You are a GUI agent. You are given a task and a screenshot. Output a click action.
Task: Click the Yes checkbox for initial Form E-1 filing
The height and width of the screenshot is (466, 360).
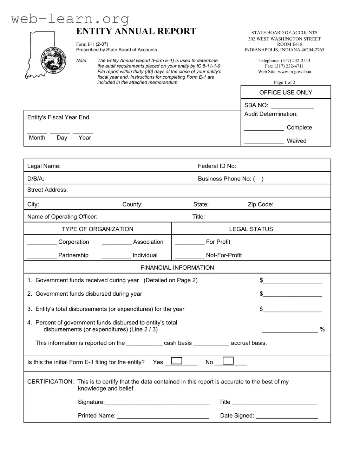[x=176, y=361]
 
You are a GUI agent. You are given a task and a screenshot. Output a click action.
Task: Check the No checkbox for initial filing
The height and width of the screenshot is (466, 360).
[x=228, y=361]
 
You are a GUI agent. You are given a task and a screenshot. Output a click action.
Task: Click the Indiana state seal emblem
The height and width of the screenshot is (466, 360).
[x=53, y=60]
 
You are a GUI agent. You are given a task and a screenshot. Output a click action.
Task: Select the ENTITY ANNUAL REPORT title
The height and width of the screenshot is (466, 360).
[x=136, y=31]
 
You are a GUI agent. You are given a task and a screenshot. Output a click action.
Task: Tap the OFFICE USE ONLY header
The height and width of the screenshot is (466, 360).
[x=286, y=92]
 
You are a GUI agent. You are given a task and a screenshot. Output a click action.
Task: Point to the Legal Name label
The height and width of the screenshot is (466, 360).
[x=44, y=166]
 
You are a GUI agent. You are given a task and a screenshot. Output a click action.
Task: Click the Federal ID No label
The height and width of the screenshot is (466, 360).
[x=217, y=166]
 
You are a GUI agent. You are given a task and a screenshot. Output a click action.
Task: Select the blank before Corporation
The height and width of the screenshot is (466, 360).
[x=42, y=243]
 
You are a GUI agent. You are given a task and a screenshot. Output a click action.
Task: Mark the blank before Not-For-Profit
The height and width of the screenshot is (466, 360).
[x=189, y=256]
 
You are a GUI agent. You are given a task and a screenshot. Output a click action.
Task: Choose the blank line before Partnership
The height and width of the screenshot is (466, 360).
[x=42, y=256]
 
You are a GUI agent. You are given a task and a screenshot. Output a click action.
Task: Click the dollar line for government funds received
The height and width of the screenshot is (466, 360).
[x=292, y=281]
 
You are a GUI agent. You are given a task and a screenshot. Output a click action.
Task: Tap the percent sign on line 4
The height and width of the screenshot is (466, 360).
[x=322, y=329]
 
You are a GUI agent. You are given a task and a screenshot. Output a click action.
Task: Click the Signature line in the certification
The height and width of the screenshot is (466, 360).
[x=157, y=403]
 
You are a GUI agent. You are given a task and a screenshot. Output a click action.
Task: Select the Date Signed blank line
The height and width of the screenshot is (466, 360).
[x=287, y=416]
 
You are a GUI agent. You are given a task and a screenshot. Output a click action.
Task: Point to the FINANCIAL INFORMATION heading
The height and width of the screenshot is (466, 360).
[x=177, y=268]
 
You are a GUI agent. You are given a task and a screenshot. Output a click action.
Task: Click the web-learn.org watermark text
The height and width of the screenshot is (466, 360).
[x=70, y=18]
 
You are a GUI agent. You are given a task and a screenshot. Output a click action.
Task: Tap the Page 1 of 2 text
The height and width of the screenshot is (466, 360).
[x=284, y=83]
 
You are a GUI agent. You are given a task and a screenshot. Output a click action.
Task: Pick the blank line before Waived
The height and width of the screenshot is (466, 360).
[x=264, y=142]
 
